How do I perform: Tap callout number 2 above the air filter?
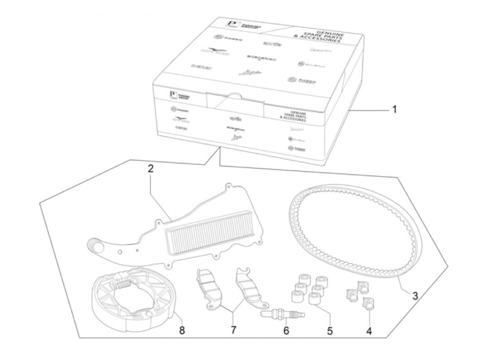151,169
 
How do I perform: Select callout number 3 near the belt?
415,296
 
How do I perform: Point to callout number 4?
369,331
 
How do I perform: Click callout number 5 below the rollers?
329,331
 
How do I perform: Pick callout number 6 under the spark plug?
286,331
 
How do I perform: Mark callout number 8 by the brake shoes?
182,331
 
